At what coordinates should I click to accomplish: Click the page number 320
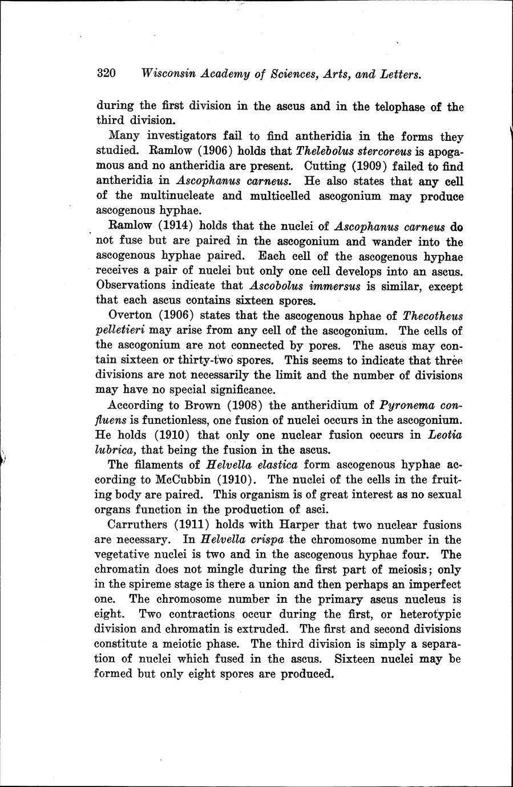pos(107,74)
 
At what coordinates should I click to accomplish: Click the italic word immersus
pos(330,286)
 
